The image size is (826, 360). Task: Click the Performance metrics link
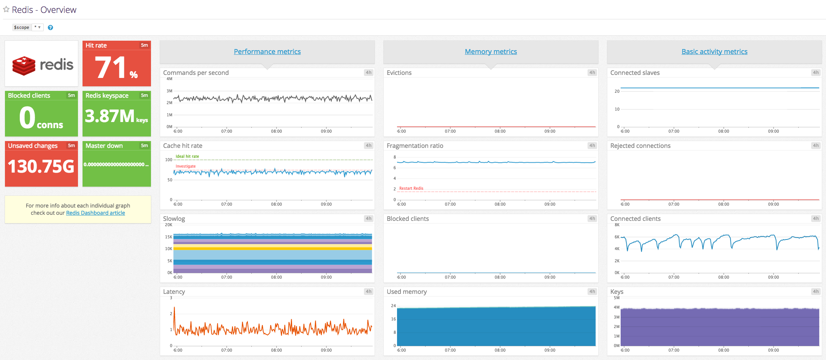coord(267,51)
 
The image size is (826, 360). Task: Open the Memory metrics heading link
coord(491,51)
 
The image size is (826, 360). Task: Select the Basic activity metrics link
coord(714,51)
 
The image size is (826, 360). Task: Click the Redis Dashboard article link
coord(95,213)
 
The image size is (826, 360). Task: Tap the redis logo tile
coord(41,64)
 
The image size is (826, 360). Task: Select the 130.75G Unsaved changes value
coord(41,167)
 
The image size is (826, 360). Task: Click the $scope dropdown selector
coord(37,27)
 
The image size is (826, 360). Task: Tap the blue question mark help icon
coord(50,27)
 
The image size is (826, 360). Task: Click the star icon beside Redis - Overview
coord(6,10)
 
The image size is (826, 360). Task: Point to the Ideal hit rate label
coord(187,156)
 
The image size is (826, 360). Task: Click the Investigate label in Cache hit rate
coord(186,166)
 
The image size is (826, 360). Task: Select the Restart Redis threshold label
coord(411,188)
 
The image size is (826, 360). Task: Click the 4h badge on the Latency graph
coord(369,292)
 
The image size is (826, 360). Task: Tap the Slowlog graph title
coord(174,219)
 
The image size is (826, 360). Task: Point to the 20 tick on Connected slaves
coord(617,91)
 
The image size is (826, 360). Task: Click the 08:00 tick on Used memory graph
coord(500,350)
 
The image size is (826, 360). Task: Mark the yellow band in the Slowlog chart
coord(272,248)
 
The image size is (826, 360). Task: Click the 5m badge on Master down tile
coord(144,146)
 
